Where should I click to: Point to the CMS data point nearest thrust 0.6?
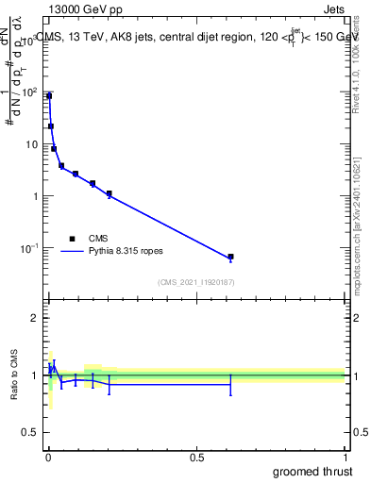pos(230,257)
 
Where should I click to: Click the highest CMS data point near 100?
pos(49,96)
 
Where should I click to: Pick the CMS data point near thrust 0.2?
pos(110,193)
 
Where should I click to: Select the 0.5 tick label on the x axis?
pos(196,456)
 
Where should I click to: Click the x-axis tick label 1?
pos(345,456)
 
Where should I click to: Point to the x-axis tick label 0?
pos(48,456)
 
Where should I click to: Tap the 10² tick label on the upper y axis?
pos(29,92)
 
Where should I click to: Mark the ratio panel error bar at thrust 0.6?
pos(230,384)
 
